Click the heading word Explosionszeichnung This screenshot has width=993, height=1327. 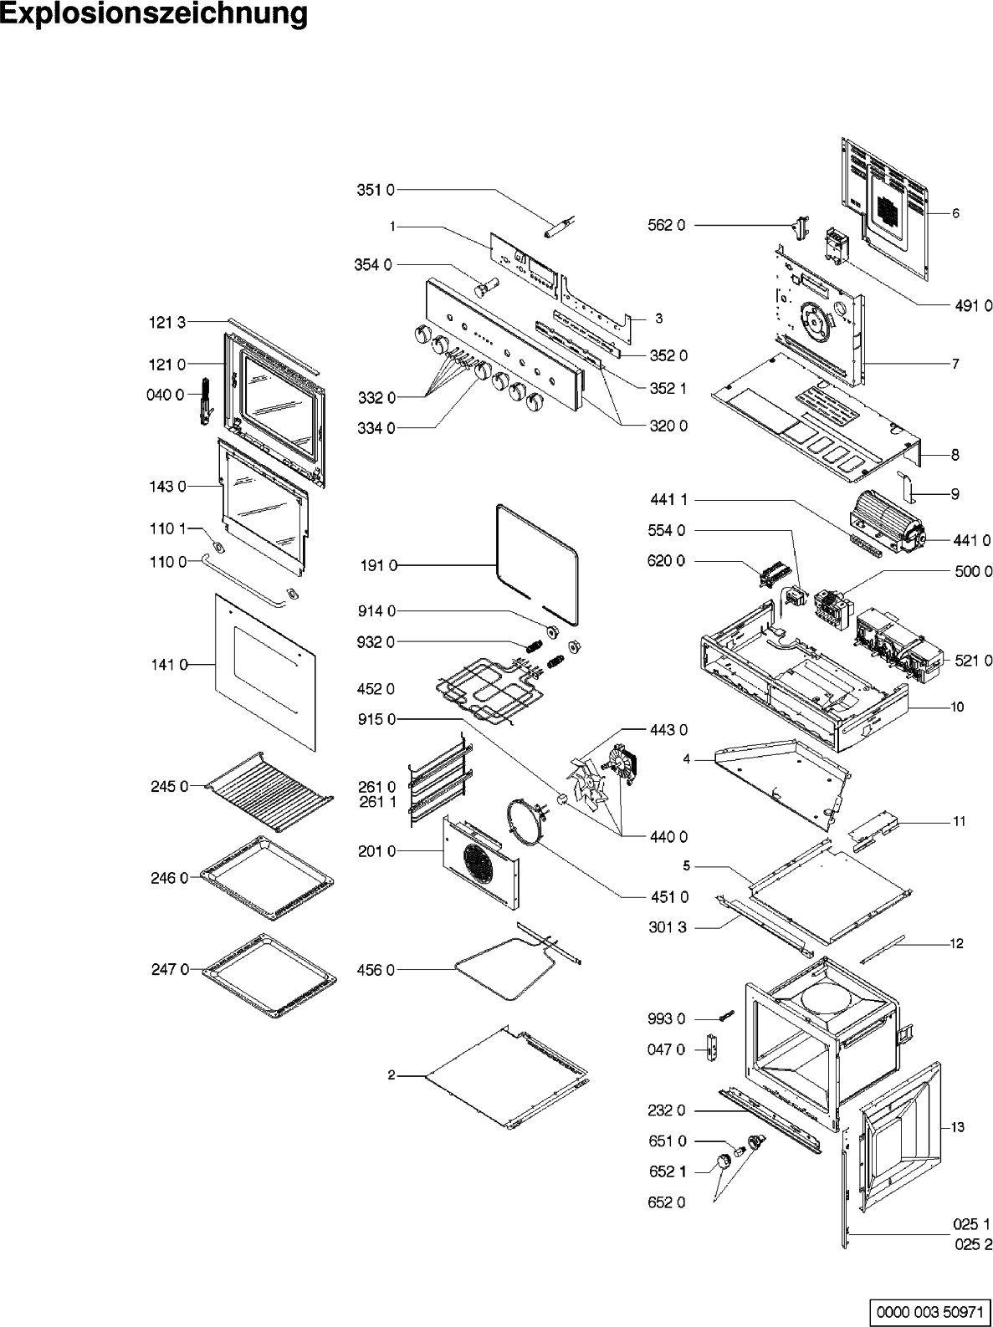click(154, 14)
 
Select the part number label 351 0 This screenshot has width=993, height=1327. click(376, 191)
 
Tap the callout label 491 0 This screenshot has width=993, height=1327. click(973, 305)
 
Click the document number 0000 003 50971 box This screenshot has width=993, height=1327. click(930, 1310)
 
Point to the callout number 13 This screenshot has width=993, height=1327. click(957, 1127)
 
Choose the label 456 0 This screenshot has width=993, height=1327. click(378, 970)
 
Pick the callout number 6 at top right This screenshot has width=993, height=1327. click(955, 213)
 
